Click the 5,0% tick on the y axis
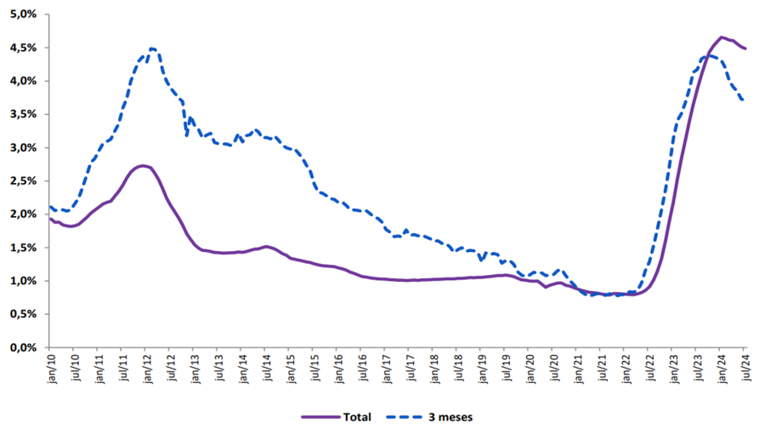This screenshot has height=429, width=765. (x=23, y=15)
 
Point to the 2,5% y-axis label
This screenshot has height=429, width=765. (x=23, y=181)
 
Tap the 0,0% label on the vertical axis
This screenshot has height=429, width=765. (x=23, y=347)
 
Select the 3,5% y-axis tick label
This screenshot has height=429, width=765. (x=23, y=115)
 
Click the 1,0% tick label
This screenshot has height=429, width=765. (x=23, y=281)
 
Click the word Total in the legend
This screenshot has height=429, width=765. (x=357, y=417)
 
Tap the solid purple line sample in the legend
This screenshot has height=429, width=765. (x=320, y=417)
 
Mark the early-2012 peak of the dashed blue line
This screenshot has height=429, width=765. (x=151, y=49)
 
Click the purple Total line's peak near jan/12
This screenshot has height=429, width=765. (x=143, y=165)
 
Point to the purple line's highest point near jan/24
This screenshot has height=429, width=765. (x=721, y=37)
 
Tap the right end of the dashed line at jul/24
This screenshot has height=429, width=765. (x=745, y=100)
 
